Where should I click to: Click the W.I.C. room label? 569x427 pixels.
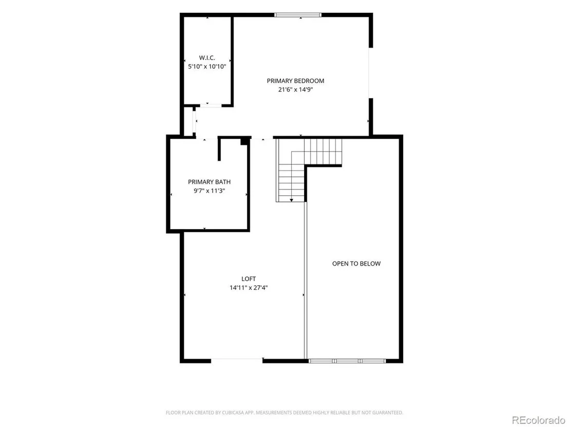tap(207, 58)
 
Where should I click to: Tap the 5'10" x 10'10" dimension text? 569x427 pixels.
tap(207, 66)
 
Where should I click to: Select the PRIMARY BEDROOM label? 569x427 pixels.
tap(295, 81)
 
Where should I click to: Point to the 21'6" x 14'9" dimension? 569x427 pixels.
tap(295, 89)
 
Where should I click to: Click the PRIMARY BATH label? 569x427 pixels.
tap(209, 182)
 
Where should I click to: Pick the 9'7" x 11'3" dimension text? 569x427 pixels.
tap(209, 191)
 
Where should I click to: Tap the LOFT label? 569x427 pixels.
tap(249, 279)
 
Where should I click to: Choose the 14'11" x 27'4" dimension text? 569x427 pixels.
tap(249, 288)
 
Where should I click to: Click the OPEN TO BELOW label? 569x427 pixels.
tap(356, 264)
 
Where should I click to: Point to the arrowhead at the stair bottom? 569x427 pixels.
tap(291, 200)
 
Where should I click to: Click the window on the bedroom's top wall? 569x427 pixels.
tap(298, 15)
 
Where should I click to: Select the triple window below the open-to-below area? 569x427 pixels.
tap(347, 361)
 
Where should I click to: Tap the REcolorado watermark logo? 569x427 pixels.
tap(538, 420)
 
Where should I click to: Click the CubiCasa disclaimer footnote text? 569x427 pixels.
tap(284, 413)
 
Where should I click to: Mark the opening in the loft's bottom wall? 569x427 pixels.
tap(237, 361)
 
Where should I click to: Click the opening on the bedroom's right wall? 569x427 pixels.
tap(370, 72)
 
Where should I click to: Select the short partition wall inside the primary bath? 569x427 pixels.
tap(219, 149)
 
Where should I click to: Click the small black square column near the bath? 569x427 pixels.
tap(244, 142)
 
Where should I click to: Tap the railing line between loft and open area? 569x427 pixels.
tap(306, 281)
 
